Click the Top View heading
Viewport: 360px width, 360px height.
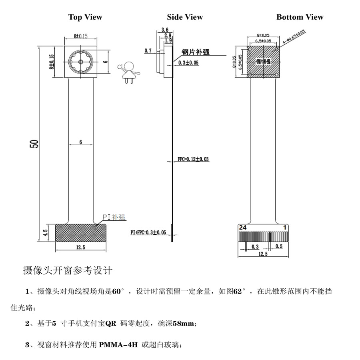click(85, 17)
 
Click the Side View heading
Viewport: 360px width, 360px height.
click(185, 17)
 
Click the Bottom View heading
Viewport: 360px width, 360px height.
click(300, 17)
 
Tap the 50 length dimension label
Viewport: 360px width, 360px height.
click(35, 144)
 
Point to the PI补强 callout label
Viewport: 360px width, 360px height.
click(114, 217)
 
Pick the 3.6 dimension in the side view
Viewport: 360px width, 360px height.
click(164, 30)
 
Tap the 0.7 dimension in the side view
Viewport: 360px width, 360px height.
click(148, 51)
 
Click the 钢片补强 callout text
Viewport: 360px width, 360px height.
click(196, 52)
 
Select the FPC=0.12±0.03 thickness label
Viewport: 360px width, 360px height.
click(193, 159)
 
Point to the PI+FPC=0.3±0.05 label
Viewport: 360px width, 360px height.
click(148, 232)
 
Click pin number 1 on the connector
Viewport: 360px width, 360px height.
click(284, 227)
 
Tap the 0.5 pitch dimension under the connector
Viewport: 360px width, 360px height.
click(279, 246)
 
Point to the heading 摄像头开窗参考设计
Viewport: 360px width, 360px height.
click(68, 271)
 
